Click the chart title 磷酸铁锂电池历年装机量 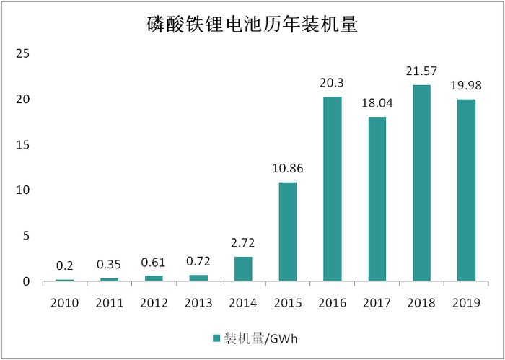coord(252,25)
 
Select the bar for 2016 coord(333,189)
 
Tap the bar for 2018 coord(421,183)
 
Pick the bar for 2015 coord(287,232)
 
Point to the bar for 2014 coord(243,269)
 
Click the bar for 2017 coord(377,199)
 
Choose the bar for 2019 coord(466,190)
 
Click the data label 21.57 coord(421,72)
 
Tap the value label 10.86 coord(287,170)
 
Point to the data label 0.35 coord(110,265)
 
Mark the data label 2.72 coord(243,244)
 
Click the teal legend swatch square coord(216,338)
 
